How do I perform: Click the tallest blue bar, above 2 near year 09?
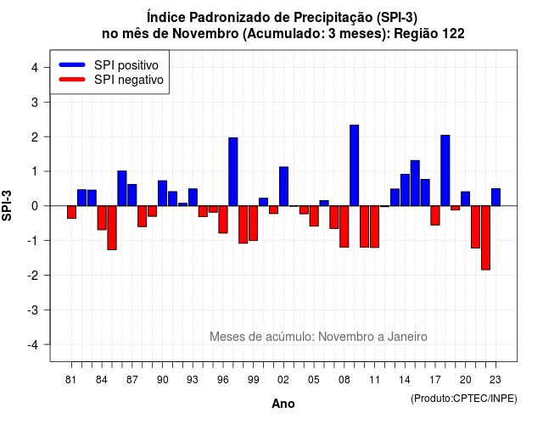[355, 165]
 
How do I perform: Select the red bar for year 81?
[71, 212]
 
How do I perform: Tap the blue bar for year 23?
[495, 198]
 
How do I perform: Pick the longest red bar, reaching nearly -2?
[486, 237]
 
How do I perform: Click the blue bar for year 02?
[283, 187]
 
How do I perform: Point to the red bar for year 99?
[254, 223]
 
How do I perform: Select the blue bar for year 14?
[405, 190]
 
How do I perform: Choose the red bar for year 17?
[435, 215]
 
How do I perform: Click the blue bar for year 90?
[162, 193]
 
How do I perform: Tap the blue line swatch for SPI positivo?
[72, 64]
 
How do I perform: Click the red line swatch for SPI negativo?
[72, 79]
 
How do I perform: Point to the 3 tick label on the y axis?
[35, 102]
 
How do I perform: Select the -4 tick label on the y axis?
[33, 345]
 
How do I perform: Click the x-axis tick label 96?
[223, 380]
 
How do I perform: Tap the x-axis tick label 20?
[466, 380]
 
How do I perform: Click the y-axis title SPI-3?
[7, 205]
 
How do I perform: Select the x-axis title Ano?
[283, 404]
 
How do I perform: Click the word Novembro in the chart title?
[205, 34]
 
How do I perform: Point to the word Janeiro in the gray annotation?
[407, 337]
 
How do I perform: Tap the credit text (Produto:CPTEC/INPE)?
[464, 399]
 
